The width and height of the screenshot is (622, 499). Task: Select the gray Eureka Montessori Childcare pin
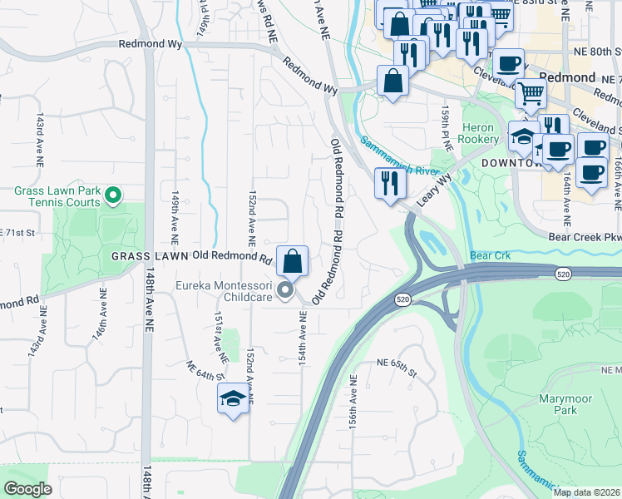tap(285, 290)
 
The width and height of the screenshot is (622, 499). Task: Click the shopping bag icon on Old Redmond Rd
tap(293, 261)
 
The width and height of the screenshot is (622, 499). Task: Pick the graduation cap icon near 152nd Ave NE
tap(234, 399)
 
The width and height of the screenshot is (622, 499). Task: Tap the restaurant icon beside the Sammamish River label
tap(388, 183)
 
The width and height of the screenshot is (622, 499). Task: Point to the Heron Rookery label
tap(478, 132)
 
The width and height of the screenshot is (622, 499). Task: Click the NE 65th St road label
tap(397, 363)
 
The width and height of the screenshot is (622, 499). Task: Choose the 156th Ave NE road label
tap(353, 402)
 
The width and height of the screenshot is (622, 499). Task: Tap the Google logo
tap(28, 489)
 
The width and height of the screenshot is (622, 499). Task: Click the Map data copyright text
tap(586, 492)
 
